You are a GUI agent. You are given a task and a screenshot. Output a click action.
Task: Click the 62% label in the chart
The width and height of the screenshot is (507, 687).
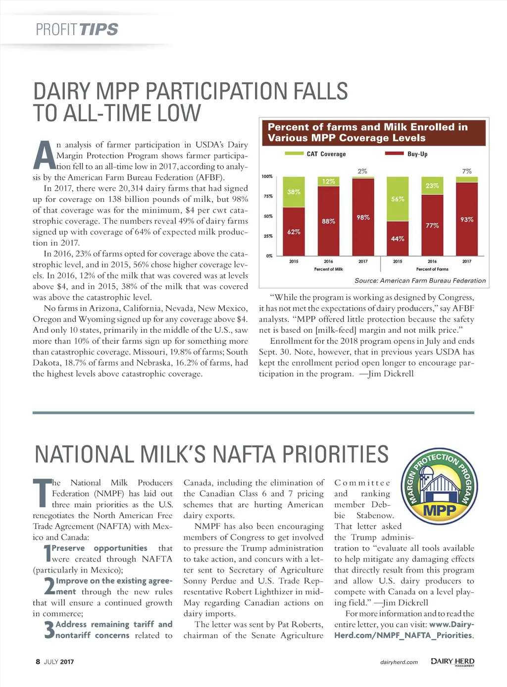294,232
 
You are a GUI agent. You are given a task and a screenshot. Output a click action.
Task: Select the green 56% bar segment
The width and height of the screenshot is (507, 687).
398,199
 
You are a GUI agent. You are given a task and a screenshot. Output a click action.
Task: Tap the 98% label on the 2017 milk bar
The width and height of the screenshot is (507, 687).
363,217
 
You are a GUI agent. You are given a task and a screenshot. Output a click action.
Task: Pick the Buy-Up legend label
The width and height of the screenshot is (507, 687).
417,154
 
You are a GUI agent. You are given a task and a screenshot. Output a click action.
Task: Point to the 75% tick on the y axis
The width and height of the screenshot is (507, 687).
268,196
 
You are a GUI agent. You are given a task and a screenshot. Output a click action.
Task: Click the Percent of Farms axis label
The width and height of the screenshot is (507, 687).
432,269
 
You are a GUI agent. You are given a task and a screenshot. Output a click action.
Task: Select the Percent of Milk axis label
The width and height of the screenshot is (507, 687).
328,269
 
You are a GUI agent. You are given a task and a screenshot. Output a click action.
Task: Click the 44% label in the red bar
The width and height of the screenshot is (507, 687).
398,239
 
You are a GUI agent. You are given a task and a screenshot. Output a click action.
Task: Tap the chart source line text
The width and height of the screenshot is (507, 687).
420,280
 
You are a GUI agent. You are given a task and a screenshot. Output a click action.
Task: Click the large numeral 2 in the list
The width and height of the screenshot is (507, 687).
49,586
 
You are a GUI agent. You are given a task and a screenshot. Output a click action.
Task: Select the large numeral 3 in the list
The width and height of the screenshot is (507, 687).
49,630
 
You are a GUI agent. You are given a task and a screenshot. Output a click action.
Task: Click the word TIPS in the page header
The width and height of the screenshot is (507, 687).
98,29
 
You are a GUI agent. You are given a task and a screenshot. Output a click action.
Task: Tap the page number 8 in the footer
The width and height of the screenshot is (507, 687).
38,662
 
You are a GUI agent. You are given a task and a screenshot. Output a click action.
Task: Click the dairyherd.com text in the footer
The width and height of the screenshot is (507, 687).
399,662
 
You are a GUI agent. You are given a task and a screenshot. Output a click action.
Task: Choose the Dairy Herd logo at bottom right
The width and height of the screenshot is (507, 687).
452,662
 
